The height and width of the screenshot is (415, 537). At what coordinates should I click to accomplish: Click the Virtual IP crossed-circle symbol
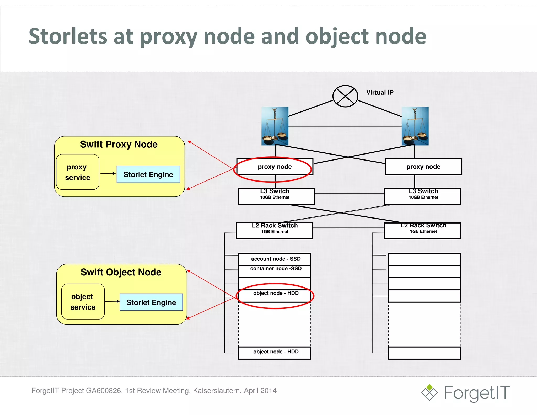(x=345, y=96)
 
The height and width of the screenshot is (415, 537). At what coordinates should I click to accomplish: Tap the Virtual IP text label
(x=380, y=93)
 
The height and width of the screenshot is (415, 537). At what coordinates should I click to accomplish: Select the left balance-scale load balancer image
(x=275, y=126)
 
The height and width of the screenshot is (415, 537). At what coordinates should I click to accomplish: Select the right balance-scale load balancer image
(x=415, y=126)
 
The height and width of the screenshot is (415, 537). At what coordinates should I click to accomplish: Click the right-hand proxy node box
(x=423, y=167)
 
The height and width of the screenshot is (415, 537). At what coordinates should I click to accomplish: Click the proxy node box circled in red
(x=275, y=167)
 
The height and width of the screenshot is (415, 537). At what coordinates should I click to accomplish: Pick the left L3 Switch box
(x=276, y=196)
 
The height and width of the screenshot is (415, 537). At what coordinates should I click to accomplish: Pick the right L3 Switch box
(x=422, y=196)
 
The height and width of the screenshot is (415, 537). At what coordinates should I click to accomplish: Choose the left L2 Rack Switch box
(x=274, y=230)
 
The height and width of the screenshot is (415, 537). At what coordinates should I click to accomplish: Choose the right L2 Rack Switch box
(x=422, y=230)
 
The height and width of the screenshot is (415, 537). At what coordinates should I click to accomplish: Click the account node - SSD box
(x=274, y=259)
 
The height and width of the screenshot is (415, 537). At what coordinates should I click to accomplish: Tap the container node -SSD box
(x=274, y=271)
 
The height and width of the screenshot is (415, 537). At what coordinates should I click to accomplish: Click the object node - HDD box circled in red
(x=274, y=296)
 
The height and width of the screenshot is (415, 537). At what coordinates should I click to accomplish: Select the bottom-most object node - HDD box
(x=274, y=353)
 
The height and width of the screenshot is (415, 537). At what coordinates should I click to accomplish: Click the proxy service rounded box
(x=78, y=172)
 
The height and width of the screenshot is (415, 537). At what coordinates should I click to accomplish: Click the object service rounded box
(x=83, y=302)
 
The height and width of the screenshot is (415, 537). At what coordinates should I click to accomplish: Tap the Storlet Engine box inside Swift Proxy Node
(x=148, y=174)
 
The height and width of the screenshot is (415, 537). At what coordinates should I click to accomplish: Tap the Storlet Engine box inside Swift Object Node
(x=151, y=302)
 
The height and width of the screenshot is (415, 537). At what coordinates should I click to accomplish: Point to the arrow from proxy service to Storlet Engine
(x=108, y=173)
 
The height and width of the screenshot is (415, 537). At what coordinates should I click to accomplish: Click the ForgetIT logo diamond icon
(x=429, y=392)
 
